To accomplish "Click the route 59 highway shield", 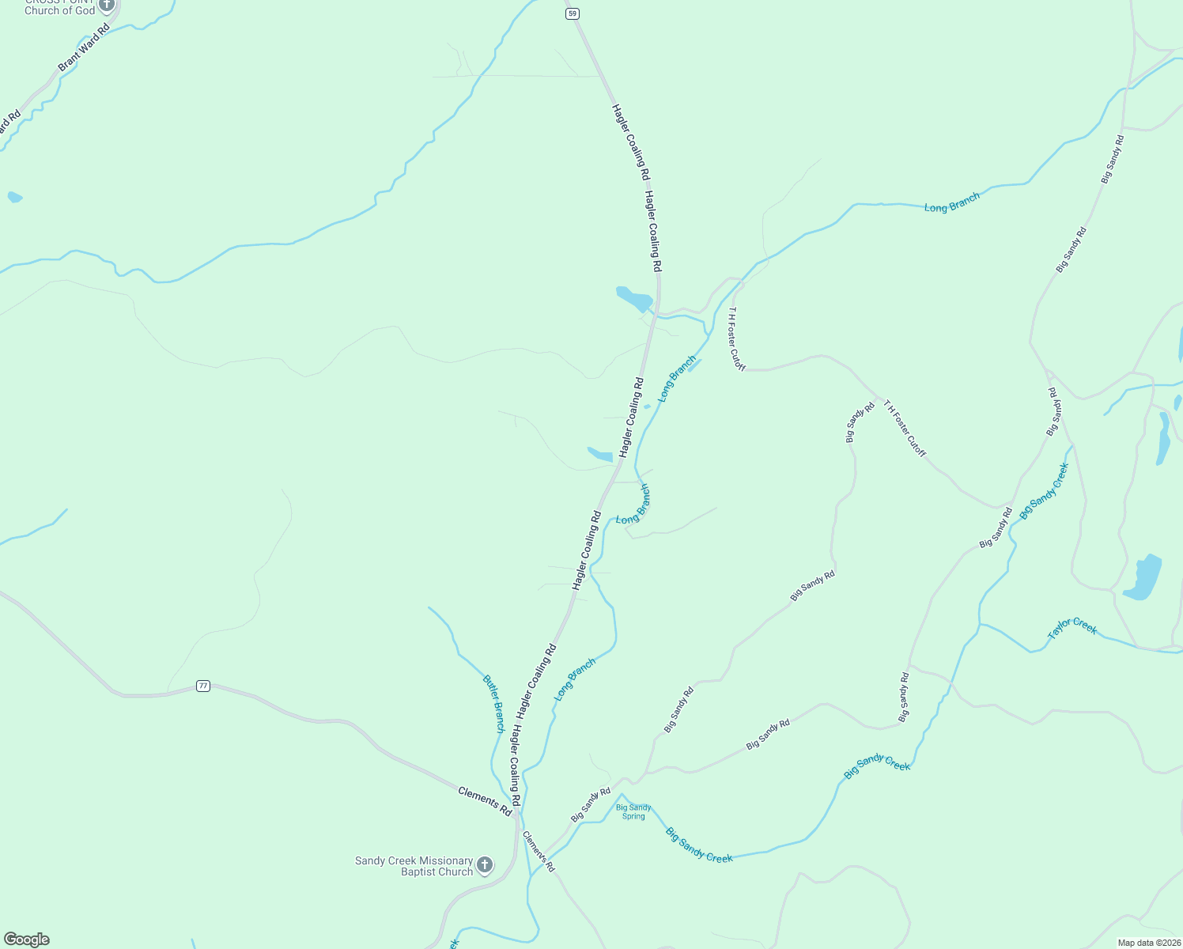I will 573,13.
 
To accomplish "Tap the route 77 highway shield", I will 203,686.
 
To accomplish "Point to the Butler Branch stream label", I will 493,704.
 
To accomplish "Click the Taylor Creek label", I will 1072,628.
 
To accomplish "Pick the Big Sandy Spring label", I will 633,812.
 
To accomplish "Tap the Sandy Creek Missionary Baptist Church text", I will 414,866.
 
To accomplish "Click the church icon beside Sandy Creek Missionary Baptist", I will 485,865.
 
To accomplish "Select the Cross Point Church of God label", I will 59,8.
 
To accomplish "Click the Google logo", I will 27,940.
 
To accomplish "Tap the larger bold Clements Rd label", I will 485,801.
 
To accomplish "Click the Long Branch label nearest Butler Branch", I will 575,679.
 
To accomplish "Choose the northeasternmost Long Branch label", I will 952,202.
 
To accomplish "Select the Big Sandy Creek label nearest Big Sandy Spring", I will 699,845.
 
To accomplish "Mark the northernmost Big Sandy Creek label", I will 1044,491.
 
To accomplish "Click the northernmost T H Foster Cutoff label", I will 736,338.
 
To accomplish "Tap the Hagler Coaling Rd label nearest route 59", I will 630,142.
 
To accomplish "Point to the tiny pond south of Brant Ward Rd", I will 14,197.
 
